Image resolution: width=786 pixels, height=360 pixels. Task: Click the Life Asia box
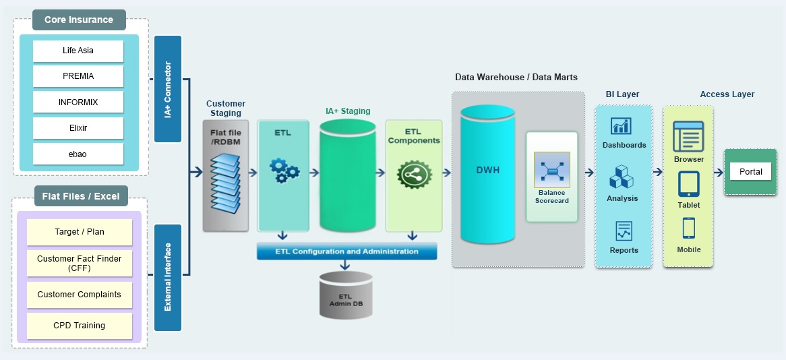(78, 51)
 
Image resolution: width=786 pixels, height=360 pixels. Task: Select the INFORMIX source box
(78, 102)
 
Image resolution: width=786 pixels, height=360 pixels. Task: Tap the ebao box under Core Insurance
(78, 154)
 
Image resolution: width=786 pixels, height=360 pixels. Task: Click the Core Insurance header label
(79, 20)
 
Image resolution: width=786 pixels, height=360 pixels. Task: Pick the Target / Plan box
(80, 232)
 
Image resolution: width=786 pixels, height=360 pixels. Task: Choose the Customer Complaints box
(80, 295)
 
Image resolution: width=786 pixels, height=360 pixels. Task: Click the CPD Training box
(80, 326)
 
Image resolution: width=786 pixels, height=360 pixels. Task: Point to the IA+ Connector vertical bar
(168, 89)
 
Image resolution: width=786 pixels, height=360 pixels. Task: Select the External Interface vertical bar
(168, 277)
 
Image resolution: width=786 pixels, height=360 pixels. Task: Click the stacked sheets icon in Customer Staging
(225, 181)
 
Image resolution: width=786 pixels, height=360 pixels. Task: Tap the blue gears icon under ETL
(283, 171)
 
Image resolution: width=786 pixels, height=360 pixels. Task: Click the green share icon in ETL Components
(413, 174)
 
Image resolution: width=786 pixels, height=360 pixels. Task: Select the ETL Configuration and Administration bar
(346, 251)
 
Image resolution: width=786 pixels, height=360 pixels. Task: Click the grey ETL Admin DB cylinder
(345, 295)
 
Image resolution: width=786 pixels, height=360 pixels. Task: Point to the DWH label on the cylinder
(487, 170)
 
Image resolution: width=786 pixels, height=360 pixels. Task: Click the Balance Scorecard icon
(551, 170)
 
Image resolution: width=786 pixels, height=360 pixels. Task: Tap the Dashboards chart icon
(620, 126)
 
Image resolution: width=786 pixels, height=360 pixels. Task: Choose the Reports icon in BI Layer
(624, 231)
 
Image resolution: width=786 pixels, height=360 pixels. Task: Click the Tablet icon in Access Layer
(688, 184)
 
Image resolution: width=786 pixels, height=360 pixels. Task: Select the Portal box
(750, 171)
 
